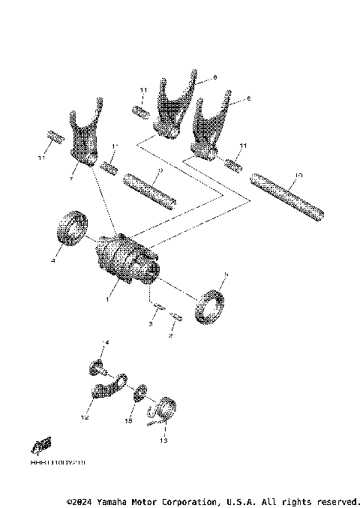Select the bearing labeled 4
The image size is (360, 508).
[x=71, y=227]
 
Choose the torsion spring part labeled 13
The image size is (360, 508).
[x=163, y=410]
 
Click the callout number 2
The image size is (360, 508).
[x=170, y=337]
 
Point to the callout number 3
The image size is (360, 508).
[x=150, y=324]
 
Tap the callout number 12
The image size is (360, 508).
[x=85, y=417]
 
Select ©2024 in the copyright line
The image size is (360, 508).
[x=78, y=500]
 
